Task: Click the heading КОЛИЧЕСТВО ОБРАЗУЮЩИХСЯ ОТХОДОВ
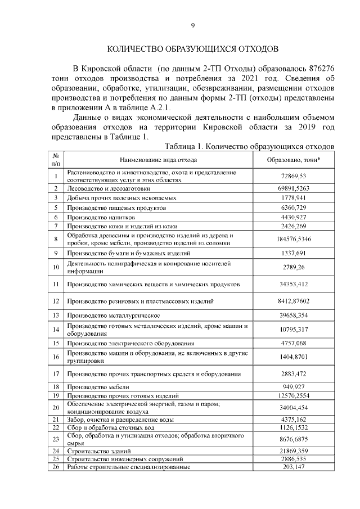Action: coord(192,48)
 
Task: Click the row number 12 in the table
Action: coord(56,301)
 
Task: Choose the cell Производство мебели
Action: coord(98,387)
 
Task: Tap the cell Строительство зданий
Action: coord(99,451)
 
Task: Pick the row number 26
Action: coord(56,467)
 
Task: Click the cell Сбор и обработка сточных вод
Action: coord(110,427)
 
